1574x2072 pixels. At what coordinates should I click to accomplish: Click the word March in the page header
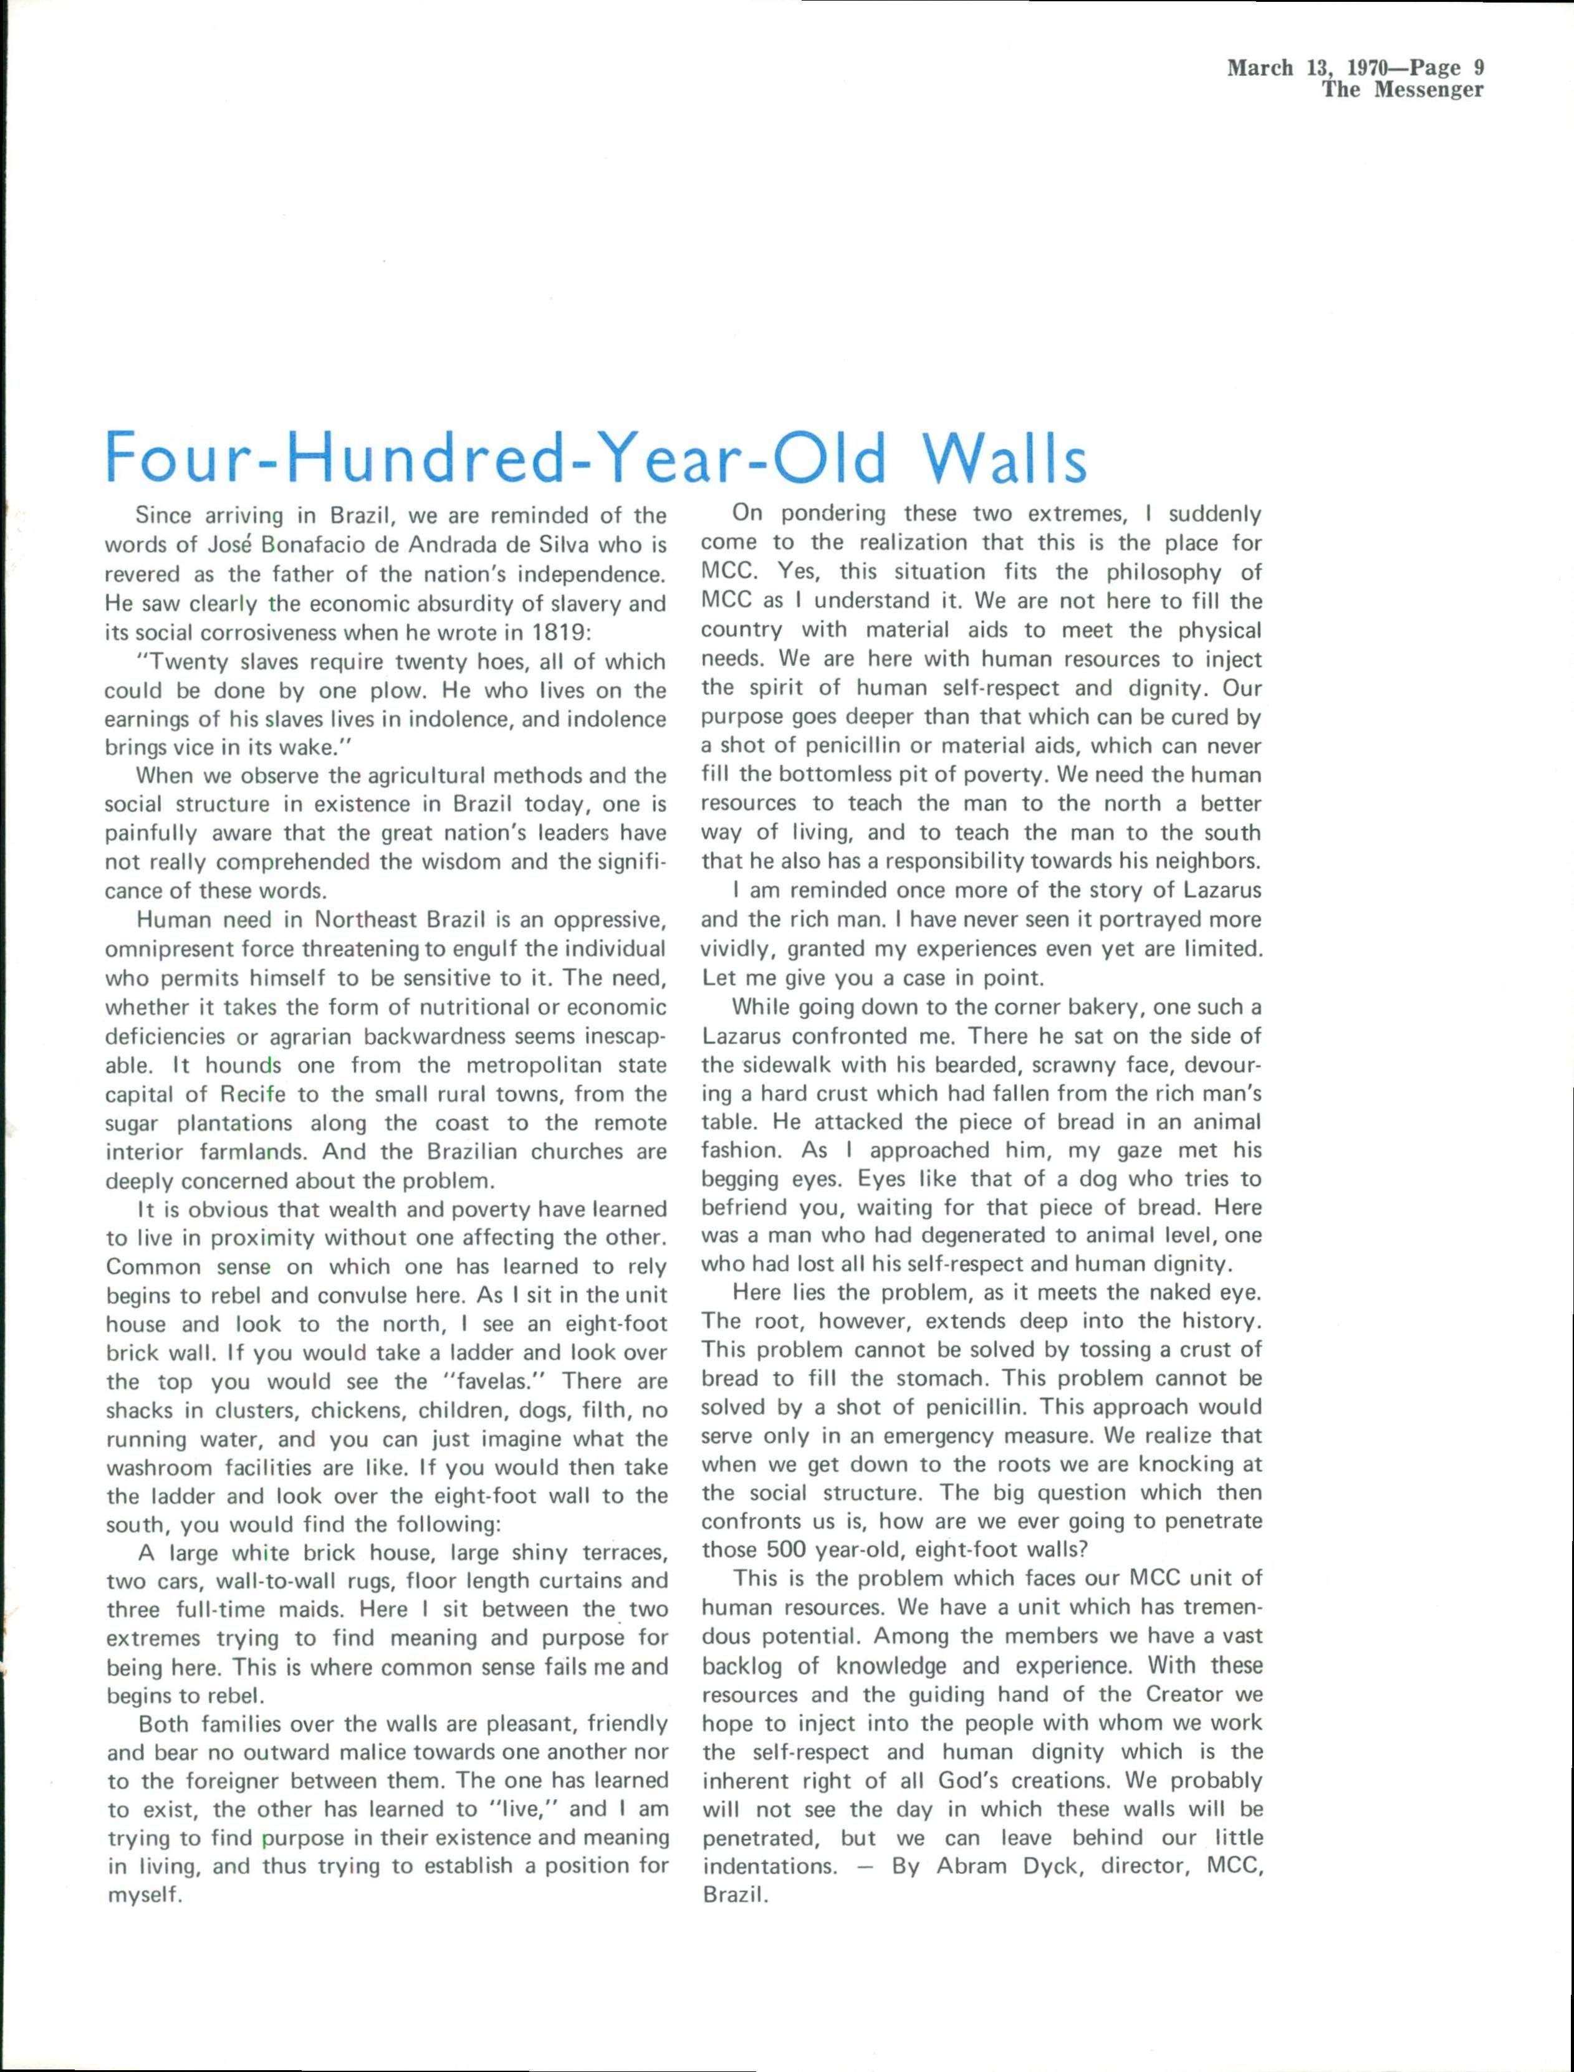pyautogui.click(x=1261, y=67)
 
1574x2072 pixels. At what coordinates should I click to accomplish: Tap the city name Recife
pyautogui.click(x=257, y=1095)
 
